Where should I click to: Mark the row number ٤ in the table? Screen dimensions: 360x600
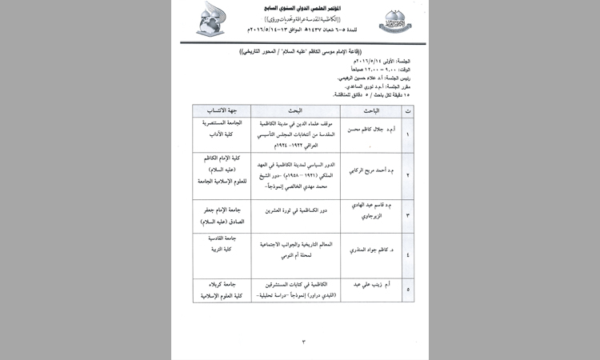(x=407, y=255)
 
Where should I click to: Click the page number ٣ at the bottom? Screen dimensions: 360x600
(x=303, y=342)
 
